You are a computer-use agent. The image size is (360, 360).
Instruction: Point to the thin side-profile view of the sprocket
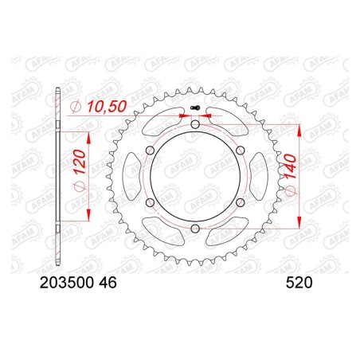pos(59,177)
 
